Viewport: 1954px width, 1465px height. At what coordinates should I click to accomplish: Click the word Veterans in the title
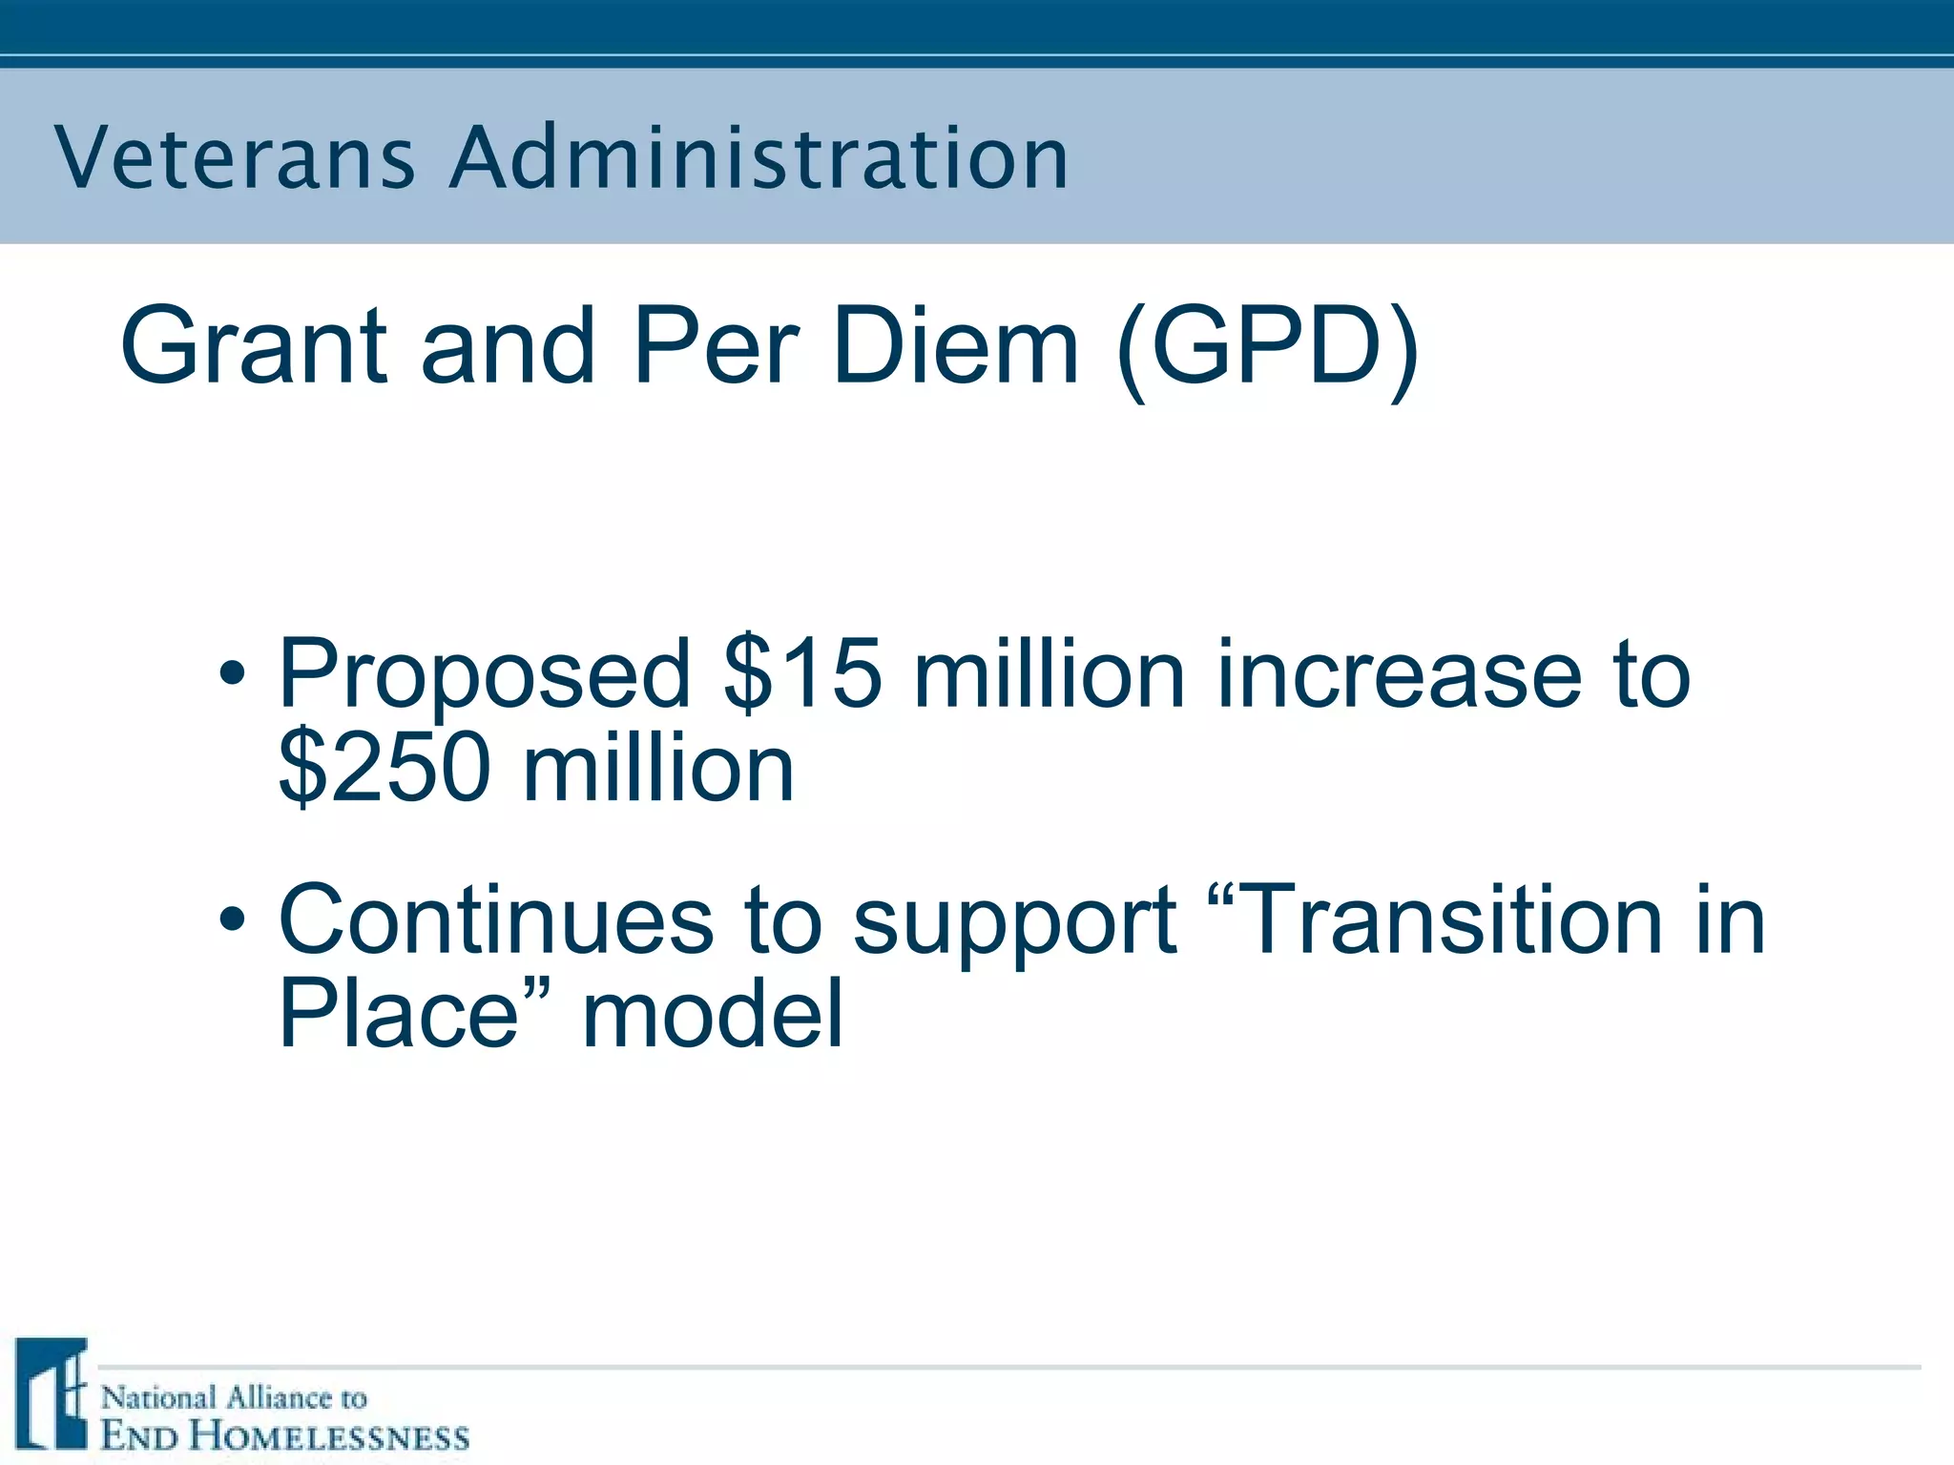click(x=235, y=157)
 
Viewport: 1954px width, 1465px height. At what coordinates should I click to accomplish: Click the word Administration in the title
click(x=759, y=157)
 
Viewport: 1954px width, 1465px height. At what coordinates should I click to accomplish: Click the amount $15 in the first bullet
click(x=801, y=674)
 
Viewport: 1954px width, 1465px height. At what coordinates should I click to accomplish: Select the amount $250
click(x=385, y=768)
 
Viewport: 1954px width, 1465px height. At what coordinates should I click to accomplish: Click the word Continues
click(x=496, y=920)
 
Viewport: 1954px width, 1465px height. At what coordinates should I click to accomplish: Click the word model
click(x=713, y=1013)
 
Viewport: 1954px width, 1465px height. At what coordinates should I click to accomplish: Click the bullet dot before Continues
click(x=232, y=919)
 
